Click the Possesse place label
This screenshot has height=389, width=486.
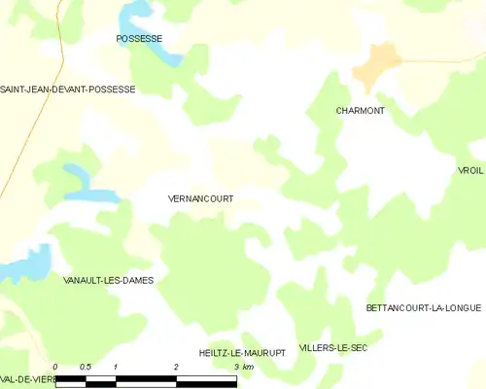pos(138,39)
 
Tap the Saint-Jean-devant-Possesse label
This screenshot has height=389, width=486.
pos(67,88)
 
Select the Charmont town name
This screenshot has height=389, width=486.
pos(360,111)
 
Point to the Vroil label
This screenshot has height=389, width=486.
pos(470,170)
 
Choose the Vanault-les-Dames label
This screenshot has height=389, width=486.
pos(108,280)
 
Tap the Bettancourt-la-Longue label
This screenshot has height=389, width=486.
pos(423,308)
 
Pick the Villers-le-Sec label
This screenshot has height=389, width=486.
pos(333,347)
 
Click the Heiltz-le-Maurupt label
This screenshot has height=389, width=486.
pos(242,353)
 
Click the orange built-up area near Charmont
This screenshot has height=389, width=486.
pos(376,65)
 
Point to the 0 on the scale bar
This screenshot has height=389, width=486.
pos(55,367)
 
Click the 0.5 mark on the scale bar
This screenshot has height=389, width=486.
pos(86,367)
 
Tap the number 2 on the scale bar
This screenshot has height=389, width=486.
pos(176,367)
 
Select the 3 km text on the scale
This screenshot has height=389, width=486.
pos(243,367)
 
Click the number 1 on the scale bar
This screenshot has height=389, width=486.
pos(116,367)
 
